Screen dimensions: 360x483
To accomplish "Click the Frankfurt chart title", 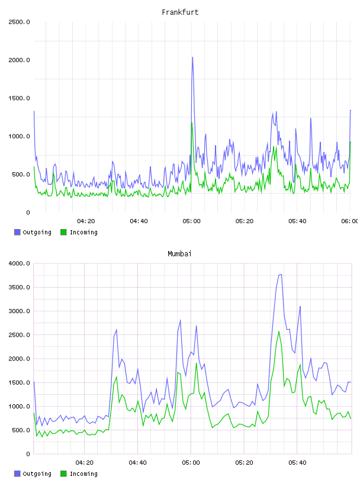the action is (180, 12).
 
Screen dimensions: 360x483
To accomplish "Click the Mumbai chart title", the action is (179, 254).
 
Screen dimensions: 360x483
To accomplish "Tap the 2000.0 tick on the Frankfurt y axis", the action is (19, 60).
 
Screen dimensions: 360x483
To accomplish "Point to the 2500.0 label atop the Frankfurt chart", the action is (19, 22).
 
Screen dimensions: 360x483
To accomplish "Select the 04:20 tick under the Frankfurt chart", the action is (86, 221).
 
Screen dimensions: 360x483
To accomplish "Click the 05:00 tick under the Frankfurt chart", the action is (191, 221).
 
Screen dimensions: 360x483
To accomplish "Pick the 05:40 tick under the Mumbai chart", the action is (297, 463).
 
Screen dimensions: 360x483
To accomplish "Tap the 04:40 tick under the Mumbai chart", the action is (138, 463).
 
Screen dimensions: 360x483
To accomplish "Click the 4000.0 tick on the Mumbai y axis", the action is (19, 263).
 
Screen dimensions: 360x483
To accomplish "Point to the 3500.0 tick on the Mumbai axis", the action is (19, 288).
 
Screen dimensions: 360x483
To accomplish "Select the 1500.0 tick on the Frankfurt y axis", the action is (19, 98).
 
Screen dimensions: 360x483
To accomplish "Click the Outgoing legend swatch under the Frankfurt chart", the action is (17, 232).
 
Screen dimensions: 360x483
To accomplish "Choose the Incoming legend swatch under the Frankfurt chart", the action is (63, 232).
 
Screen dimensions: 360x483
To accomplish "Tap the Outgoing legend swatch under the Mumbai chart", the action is (17, 474).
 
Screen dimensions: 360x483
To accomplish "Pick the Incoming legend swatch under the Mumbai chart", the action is (63, 474).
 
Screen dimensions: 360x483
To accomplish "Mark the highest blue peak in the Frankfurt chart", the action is (192, 57).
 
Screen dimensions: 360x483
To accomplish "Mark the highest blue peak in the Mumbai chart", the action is (281, 275).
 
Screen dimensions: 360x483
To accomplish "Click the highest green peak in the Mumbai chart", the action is (279, 331).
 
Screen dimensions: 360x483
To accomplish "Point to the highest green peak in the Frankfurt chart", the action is (192, 123).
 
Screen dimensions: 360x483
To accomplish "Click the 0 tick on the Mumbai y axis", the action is (28, 454).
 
